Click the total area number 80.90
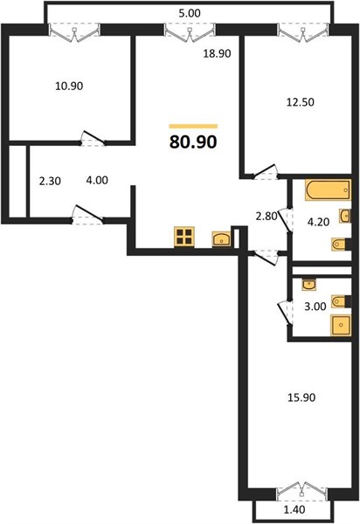[193, 141]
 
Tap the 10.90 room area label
[69, 86]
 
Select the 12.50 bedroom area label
[301, 102]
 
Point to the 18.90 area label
[218, 53]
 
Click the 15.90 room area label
[301, 397]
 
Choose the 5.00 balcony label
[190, 13]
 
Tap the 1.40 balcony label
[294, 510]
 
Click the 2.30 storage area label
[50, 181]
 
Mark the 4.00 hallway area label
[97, 181]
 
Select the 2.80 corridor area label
[267, 217]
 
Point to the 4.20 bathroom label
[318, 222]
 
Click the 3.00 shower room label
[315, 307]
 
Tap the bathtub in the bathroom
[328, 190]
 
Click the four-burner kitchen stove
[184, 237]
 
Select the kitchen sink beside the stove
[222, 239]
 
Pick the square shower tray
[341, 325]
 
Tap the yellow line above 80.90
[193, 127]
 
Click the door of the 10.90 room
[93, 139]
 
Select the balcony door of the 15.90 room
[302, 492]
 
